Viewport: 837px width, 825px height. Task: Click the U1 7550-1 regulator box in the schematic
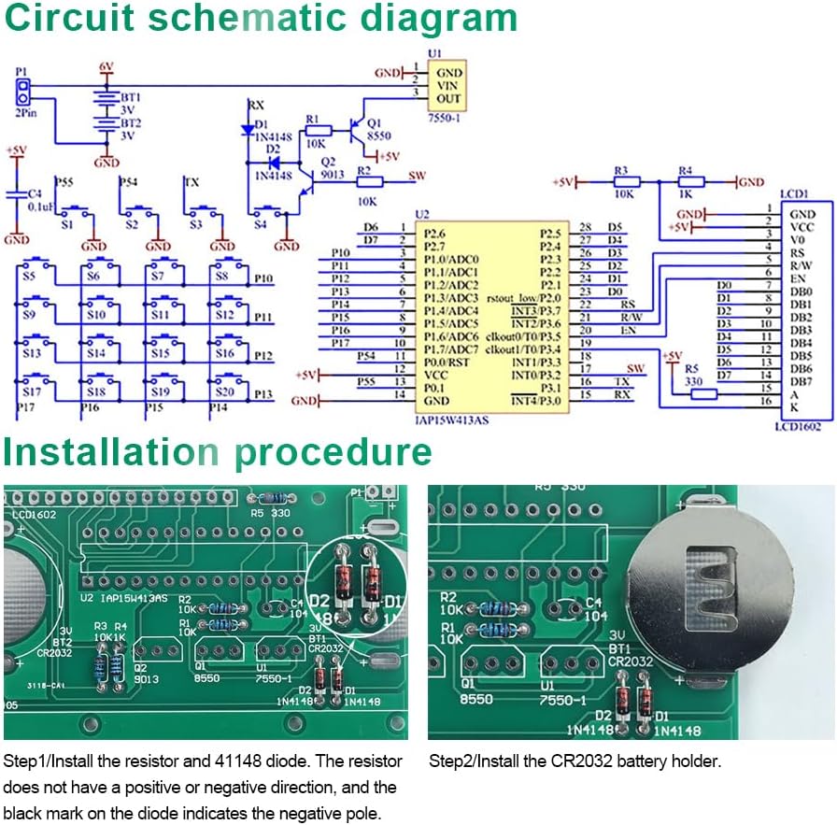448,85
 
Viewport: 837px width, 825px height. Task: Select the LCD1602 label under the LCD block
799,426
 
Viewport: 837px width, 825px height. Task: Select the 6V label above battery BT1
106,66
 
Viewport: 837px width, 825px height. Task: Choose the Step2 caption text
575,761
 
